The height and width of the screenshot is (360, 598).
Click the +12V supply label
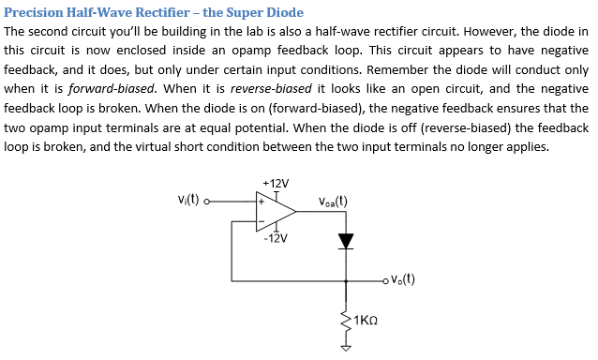click(x=277, y=182)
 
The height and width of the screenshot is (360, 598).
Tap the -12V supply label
click(x=277, y=238)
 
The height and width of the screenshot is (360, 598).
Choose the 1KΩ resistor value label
click(x=366, y=321)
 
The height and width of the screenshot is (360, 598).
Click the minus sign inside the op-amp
click(x=262, y=222)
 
